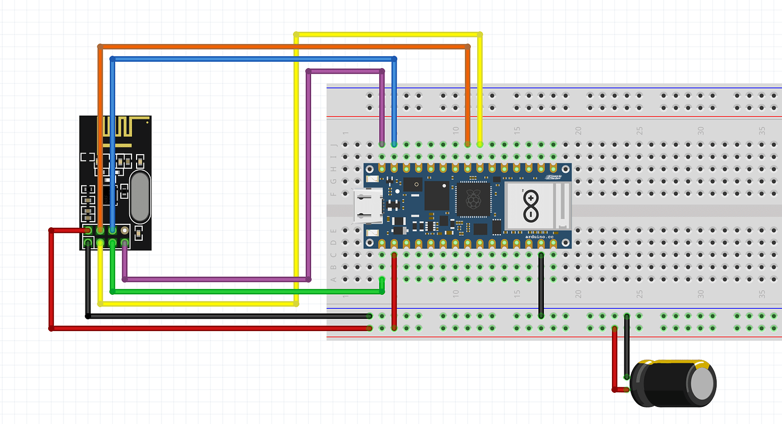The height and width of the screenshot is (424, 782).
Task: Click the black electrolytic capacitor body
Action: pyautogui.click(x=663, y=383)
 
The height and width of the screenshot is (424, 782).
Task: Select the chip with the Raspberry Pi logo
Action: pyautogui.click(x=475, y=200)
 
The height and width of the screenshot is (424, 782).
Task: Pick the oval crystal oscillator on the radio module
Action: pyautogui.click(x=140, y=197)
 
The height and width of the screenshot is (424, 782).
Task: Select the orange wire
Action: pyautogui.click(x=283, y=46)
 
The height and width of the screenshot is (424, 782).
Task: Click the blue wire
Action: pyautogui.click(x=255, y=58)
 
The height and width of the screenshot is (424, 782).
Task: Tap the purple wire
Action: pyautogui.click(x=215, y=279)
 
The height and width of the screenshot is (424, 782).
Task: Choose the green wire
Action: pyautogui.click(x=244, y=291)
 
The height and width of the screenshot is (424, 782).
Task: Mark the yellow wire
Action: pyautogui.click(x=296, y=170)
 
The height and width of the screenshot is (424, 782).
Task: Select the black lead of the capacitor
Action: pyautogui.click(x=626, y=346)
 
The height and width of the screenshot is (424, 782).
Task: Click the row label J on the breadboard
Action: pyautogui.click(x=333, y=144)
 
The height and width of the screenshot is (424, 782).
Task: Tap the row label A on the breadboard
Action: pyautogui.click(x=333, y=279)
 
